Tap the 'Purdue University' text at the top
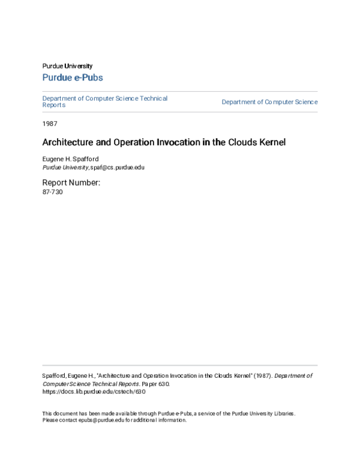pos(67,66)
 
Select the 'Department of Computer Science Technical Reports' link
pos(104,101)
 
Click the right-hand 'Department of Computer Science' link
pos(269,102)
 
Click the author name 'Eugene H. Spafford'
pos(70,159)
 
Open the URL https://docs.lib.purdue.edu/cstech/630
pos(94,392)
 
